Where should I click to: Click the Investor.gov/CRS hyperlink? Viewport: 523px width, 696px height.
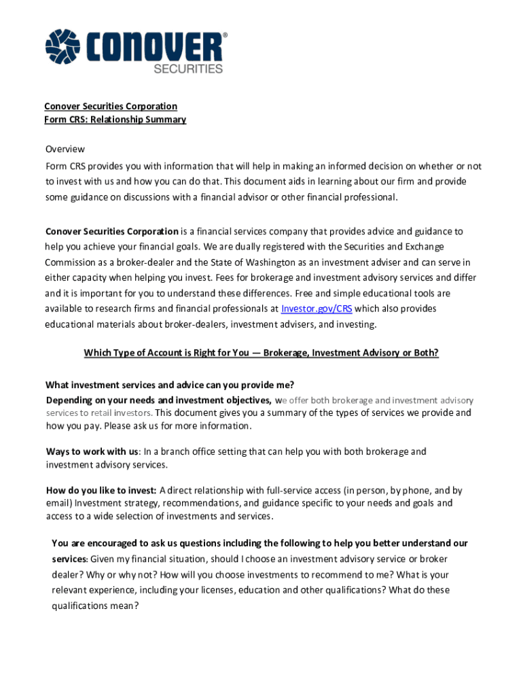pyautogui.click(x=316, y=309)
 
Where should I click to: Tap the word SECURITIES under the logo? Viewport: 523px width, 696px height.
pyautogui.click(x=188, y=69)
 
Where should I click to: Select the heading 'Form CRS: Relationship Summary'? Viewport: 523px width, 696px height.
pyautogui.click(x=115, y=120)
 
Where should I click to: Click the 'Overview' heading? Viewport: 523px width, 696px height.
pyautogui.click(x=65, y=149)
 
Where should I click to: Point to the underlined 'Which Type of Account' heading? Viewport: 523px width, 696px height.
pyautogui.click(x=261, y=353)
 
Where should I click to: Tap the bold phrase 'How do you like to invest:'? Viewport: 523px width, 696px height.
pyautogui.click(x=101, y=490)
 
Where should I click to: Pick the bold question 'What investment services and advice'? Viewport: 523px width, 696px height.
pyautogui.click(x=169, y=385)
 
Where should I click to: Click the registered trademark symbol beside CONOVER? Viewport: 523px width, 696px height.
pyautogui.click(x=225, y=35)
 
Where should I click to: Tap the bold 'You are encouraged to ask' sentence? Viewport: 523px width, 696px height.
pyautogui.click(x=259, y=543)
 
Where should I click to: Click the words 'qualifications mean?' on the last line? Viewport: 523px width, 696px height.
pyautogui.click(x=95, y=606)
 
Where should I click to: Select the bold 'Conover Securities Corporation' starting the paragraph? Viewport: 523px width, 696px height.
pyautogui.click(x=112, y=231)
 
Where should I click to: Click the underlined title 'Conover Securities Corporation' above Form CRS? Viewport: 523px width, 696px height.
pyautogui.click(x=111, y=106)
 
